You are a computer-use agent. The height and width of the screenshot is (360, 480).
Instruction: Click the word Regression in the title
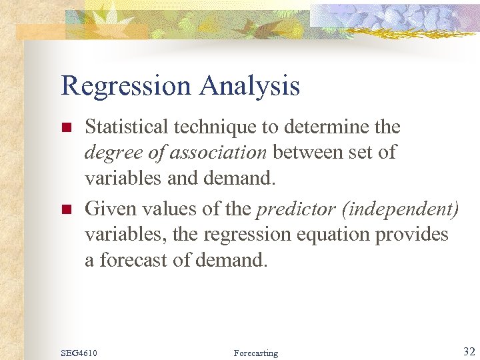click(x=125, y=87)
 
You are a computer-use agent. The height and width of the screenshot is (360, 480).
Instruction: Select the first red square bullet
click(x=66, y=127)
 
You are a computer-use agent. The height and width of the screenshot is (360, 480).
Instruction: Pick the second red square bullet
click(x=66, y=209)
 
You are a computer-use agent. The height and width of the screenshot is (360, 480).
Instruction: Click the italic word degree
click(x=107, y=152)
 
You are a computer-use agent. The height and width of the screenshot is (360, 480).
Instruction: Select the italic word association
click(x=218, y=152)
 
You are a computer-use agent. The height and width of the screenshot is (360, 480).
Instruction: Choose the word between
click(x=304, y=152)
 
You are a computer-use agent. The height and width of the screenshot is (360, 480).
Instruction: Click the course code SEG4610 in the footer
click(x=78, y=353)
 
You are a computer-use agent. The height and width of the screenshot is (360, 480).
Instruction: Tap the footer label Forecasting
click(x=256, y=353)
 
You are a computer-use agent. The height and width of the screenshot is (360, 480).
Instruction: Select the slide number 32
click(x=468, y=351)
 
